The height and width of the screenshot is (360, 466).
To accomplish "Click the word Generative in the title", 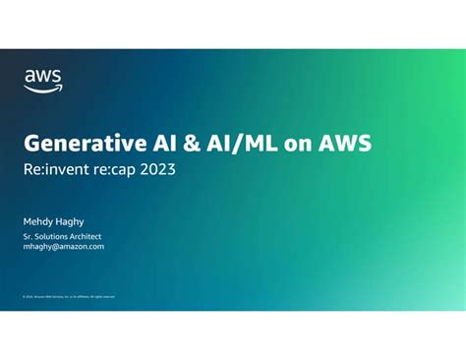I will point(87,144).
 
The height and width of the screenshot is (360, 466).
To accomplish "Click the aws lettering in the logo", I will point(42,75).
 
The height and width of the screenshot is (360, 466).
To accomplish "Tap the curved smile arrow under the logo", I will point(43,89).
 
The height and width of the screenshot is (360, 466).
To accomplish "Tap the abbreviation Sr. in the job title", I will point(29,236).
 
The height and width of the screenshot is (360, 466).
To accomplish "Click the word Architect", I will point(87,236).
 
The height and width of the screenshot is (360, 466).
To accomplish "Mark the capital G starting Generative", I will point(32,144).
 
